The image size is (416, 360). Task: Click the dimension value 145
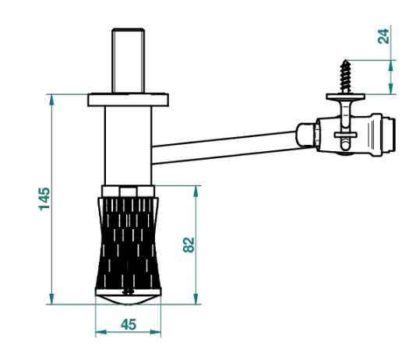pyautogui.click(x=44, y=199)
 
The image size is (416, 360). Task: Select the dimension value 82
pyautogui.click(x=189, y=245)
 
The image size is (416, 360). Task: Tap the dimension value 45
pyautogui.click(x=129, y=324)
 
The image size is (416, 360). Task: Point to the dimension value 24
pyautogui.click(x=383, y=37)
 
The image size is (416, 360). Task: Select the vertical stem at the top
pyautogui.click(x=129, y=61)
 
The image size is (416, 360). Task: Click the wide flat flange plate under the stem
pyautogui.click(x=128, y=100)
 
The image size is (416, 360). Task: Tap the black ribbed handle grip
pyautogui.click(x=129, y=243)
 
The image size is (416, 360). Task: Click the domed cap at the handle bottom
pyautogui.click(x=128, y=299)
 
